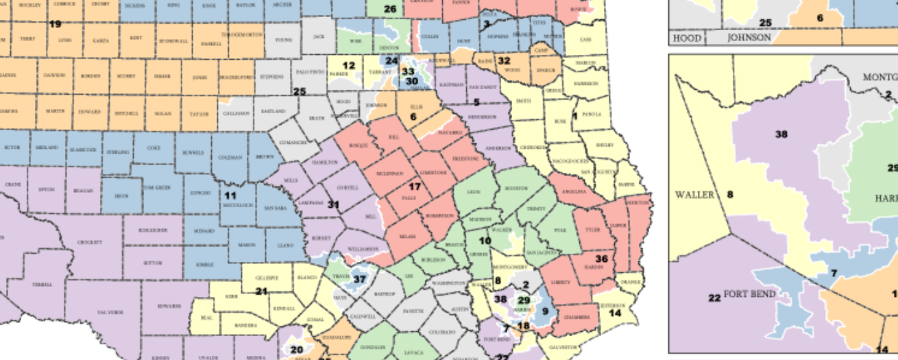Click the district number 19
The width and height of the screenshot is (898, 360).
(x=55, y=24)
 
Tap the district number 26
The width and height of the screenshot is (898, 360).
(x=390, y=9)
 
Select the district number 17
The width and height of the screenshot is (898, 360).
(x=415, y=187)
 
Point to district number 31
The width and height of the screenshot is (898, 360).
(x=334, y=204)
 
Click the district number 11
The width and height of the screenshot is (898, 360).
(x=230, y=195)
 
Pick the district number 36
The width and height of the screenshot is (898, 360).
(x=602, y=259)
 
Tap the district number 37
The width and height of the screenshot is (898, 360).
(x=360, y=279)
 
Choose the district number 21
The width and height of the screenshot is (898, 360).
(x=261, y=291)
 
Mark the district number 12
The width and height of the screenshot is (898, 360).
(x=349, y=66)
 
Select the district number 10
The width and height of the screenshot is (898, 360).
(x=485, y=241)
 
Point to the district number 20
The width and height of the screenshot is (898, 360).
(x=297, y=350)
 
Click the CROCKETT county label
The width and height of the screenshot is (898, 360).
(x=89, y=242)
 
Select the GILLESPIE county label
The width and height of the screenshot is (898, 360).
(x=267, y=278)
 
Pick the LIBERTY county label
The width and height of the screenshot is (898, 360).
(x=561, y=283)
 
